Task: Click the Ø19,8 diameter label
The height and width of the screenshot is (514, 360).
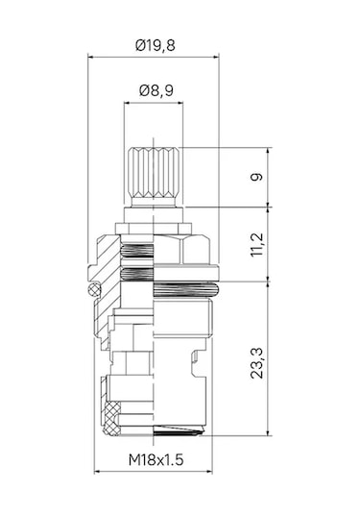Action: click(155, 44)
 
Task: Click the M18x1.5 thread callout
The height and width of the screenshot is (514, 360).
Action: click(155, 487)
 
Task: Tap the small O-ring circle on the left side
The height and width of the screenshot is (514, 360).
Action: click(94, 288)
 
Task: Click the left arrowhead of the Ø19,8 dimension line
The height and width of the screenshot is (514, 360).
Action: click(91, 56)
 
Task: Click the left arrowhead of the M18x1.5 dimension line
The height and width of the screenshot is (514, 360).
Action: click(98, 470)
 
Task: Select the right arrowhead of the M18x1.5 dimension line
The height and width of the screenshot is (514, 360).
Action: click(210, 470)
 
